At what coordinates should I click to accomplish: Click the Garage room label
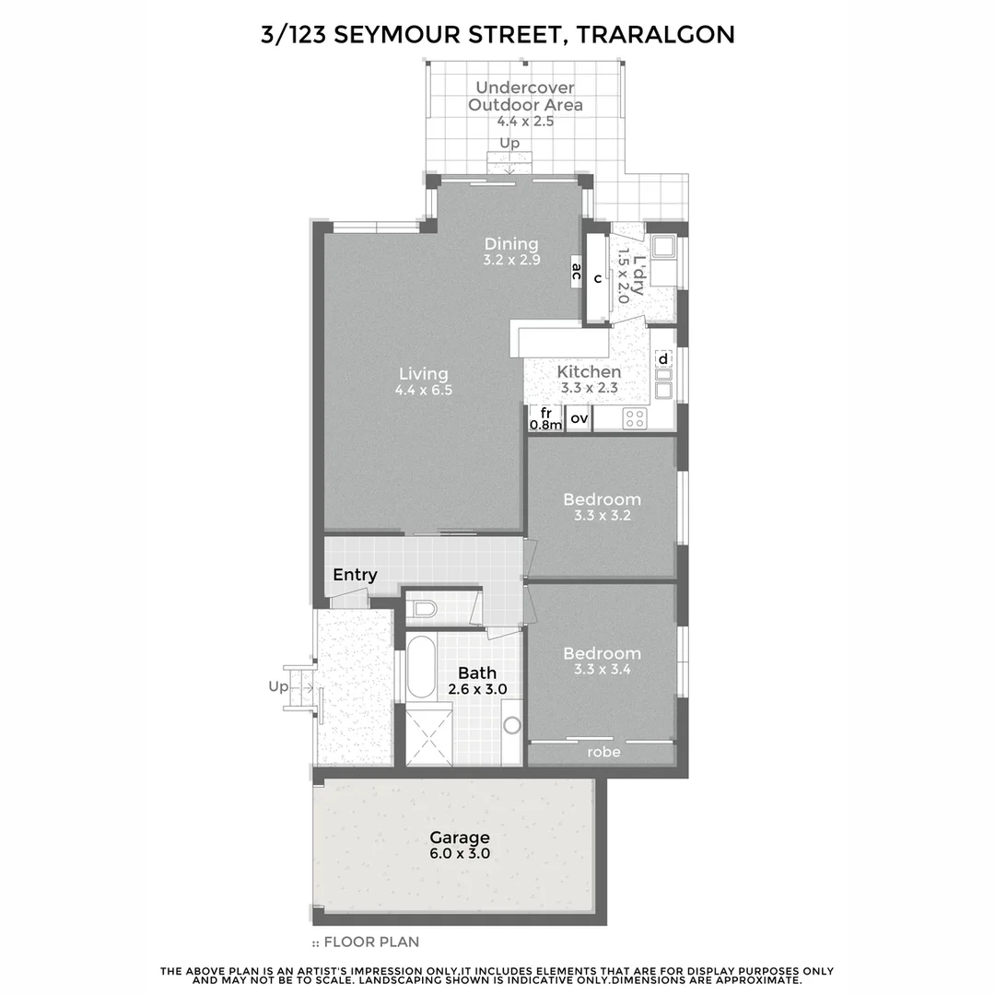(x=460, y=838)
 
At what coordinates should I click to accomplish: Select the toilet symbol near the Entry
(x=424, y=609)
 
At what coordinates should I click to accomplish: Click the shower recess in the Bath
(x=429, y=734)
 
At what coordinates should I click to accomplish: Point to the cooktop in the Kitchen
(x=634, y=419)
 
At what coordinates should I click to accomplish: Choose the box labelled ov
(x=579, y=419)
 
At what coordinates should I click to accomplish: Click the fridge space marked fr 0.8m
(x=544, y=419)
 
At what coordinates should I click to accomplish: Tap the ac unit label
(x=576, y=271)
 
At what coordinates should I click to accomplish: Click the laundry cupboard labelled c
(x=598, y=279)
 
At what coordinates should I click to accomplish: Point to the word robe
(x=603, y=752)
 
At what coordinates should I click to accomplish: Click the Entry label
(x=355, y=575)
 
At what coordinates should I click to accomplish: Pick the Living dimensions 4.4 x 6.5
(x=424, y=390)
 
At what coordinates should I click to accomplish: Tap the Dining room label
(x=511, y=244)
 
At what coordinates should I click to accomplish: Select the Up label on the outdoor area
(x=509, y=143)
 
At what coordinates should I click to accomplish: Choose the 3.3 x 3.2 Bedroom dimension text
(x=602, y=516)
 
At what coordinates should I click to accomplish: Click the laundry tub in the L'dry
(x=662, y=247)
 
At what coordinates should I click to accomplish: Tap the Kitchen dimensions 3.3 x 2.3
(x=590, y=388)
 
